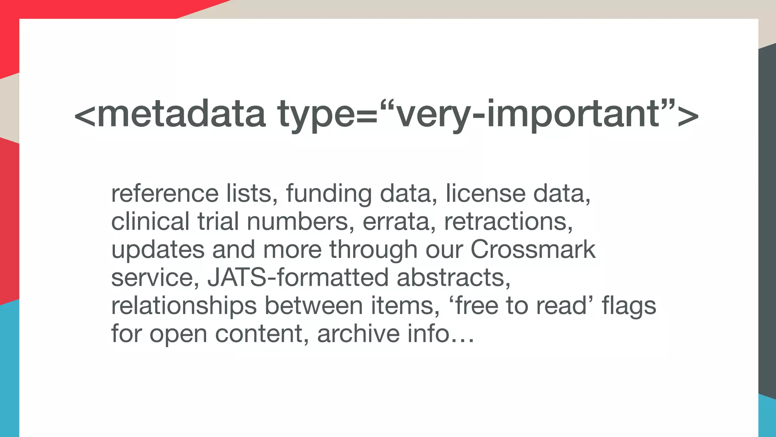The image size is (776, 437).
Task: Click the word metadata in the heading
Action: [181, 113]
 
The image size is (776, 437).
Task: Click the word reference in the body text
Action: [164, 193]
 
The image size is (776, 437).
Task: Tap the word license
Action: [485, 193]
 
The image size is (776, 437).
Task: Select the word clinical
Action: [150, 222]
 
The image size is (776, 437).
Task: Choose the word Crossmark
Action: [533, 250]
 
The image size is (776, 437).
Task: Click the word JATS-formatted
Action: [298, 278]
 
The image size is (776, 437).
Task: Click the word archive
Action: [358, 334]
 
